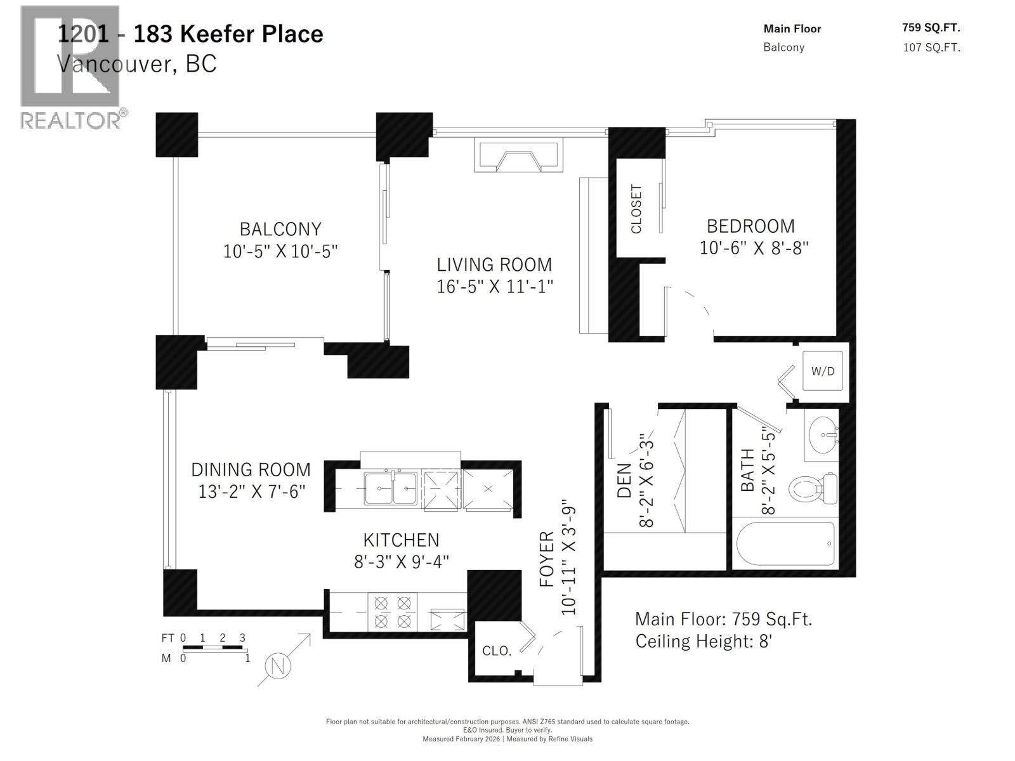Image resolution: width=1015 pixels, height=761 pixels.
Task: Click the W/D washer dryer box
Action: [823, 371]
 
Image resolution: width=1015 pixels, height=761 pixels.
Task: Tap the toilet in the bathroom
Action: [814, 488]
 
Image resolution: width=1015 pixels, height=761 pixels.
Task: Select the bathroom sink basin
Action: [822, 435]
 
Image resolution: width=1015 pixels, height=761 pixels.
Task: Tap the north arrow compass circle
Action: [277, 666]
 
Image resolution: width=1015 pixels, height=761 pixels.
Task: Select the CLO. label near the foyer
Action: [497, 651]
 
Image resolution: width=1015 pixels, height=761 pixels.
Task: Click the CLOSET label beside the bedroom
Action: [636, 209]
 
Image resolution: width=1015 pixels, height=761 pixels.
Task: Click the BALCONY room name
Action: [280, 229]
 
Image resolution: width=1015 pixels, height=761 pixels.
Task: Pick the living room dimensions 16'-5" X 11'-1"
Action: [495, 287]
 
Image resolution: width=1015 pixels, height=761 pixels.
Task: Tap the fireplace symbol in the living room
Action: [519, 156]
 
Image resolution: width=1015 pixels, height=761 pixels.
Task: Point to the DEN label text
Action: [624, 480]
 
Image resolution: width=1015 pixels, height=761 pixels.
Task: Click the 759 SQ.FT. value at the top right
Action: [931, 27]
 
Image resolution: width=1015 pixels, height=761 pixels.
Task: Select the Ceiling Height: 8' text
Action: [703, 641]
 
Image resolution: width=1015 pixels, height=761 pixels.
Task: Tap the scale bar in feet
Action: [213, 647]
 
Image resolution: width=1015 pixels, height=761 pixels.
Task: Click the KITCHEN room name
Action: [401, 540]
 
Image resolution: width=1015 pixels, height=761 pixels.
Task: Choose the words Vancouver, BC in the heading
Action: [136, 63]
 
